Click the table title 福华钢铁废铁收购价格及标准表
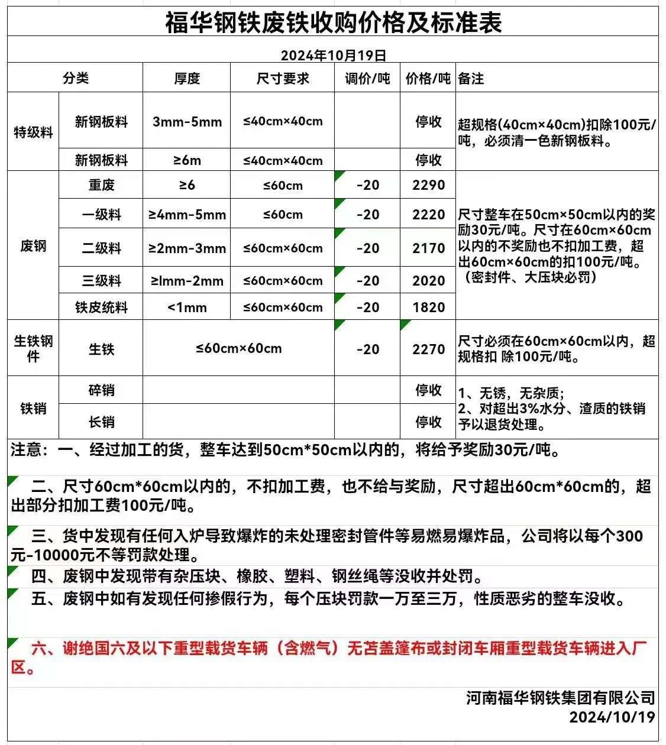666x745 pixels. coord(333,22)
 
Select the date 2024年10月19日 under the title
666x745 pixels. coord(333,56)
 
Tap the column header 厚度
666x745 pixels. coord(187,78)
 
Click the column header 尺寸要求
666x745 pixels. coord(283,78)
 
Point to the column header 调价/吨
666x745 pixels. coord(367,78)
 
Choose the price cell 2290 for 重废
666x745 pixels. coord(428,185)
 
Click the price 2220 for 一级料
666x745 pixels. coord(428,214)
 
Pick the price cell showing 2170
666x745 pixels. coord(428,248)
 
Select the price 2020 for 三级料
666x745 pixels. coord(428,280)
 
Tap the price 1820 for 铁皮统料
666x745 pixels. coord(428,307)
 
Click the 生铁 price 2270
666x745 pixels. coord(428,349)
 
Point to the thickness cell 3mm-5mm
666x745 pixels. coord(187,122)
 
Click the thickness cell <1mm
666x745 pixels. coord(187,307)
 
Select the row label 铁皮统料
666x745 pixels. coord(101,307)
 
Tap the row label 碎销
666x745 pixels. coord(101,390)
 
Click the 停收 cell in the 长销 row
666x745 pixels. coord(428,422)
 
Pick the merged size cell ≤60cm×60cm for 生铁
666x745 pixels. coord(239,348)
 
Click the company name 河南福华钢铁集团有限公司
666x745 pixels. coord(560,698)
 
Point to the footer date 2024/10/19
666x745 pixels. coord(612,717)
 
